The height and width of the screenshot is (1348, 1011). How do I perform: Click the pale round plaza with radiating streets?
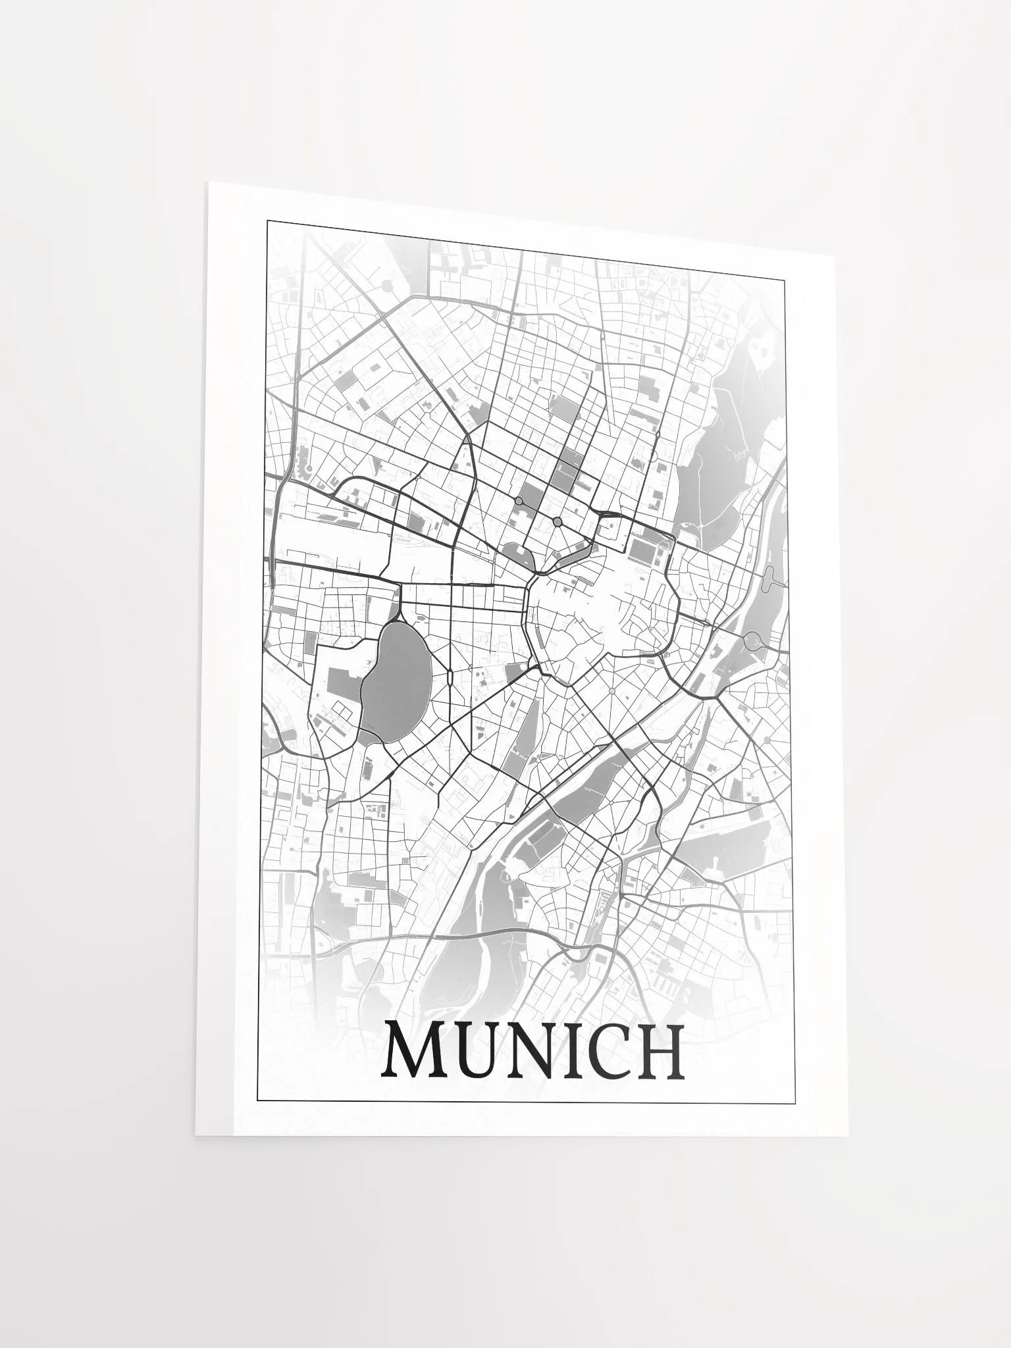pos(612,691)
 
